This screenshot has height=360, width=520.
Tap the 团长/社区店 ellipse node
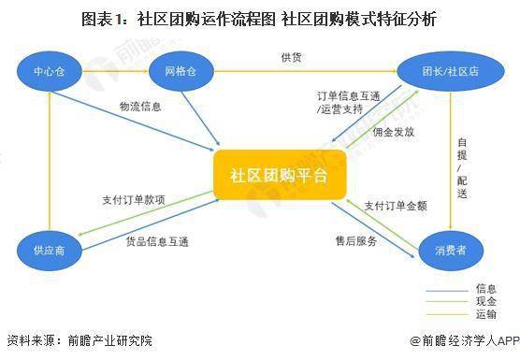point(439,70)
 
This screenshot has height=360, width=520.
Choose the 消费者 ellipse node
point(447,250)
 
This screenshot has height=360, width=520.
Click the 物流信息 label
point(140,107)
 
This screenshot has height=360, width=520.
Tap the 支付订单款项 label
point(134,200)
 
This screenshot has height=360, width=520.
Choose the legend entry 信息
point(485,289)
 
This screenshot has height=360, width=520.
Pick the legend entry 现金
point(485,302)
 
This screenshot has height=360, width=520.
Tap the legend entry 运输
point(485,315)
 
